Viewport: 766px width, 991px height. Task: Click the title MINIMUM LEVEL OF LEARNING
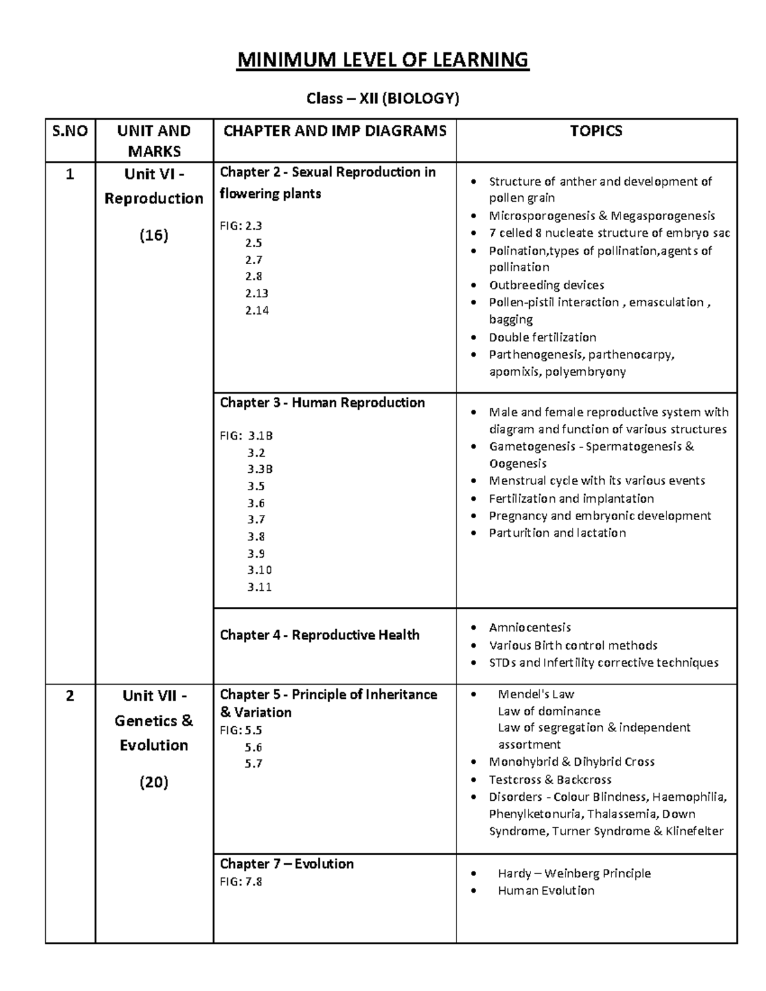click(x=382, y=60)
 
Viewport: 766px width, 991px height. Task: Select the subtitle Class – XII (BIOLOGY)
click(x=382, y=98)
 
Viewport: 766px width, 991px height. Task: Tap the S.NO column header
click(x=70, y=131)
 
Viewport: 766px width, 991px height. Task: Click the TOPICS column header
click(x=596, y=131)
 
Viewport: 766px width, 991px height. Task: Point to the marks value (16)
click(x=154, y=235)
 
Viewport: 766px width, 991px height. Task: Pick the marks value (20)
click(x=154, y=782)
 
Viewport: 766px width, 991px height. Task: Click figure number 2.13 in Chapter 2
click(x=257, y=294)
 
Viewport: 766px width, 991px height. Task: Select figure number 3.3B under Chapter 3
click(x=260, y=469)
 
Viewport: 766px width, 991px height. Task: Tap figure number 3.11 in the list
click(x=259, y=587)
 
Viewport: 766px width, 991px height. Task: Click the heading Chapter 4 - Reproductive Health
click(x=320, y=635)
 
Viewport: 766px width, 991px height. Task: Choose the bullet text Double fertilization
click(x=543, y=337)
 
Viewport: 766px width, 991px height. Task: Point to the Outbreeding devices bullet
click(x=546, y=285)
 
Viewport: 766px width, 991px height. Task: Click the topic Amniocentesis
click(x=530, y=627)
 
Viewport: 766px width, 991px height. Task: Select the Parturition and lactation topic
click(x=557, y=533)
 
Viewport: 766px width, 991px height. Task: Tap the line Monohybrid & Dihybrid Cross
click(x=571, y=762)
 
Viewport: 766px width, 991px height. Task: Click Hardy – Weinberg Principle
click(x=574, y=873)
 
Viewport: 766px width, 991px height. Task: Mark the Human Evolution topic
click(x=546, y=890)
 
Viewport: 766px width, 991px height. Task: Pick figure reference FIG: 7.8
click(x=241, y=882)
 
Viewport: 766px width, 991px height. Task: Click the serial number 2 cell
click(x=70, y=696)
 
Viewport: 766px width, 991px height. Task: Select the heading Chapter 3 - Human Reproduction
click(x=322, y=403)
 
